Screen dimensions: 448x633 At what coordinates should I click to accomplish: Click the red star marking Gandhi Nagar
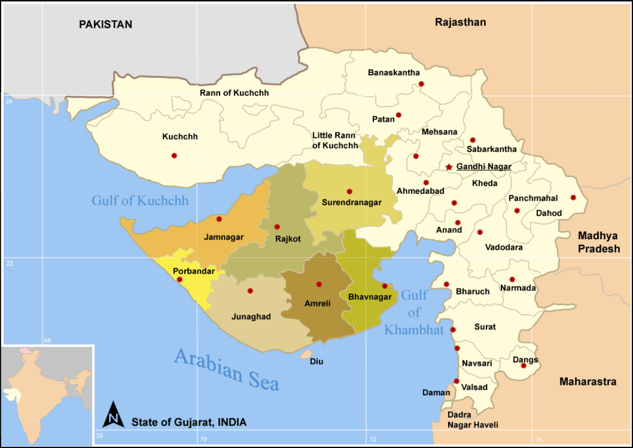[449, 167]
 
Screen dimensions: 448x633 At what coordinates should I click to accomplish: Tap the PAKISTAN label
[105, 25]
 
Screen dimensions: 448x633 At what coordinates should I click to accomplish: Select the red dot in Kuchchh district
[174, 156]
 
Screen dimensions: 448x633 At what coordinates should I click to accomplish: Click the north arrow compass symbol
[113, 414]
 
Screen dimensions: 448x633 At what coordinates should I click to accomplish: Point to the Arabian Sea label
[226, 369]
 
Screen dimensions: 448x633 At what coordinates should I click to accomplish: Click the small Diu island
[305, 355]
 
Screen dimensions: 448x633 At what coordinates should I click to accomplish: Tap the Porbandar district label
[193, 271]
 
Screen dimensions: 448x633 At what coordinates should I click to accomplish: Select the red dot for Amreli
[319, 284]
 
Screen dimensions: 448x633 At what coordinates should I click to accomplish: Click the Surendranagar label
[351, 203]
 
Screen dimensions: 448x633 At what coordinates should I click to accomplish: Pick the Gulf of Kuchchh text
[140, 201]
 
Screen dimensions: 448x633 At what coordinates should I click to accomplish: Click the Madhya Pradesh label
[598, 242]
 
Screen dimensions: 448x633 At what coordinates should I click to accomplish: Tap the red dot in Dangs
[524, 365]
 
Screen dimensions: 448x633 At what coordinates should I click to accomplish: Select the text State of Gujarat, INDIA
[189, 423]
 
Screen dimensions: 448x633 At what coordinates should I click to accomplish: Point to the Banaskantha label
[394, 73]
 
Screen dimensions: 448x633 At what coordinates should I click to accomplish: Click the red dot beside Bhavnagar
[384, 286]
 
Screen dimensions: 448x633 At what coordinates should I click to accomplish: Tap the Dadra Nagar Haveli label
[472, 420]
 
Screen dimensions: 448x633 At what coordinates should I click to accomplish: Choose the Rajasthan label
[461, 22]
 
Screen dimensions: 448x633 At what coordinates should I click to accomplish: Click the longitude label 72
[372, 439]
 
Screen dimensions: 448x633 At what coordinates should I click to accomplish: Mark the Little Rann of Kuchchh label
[335, 140]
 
